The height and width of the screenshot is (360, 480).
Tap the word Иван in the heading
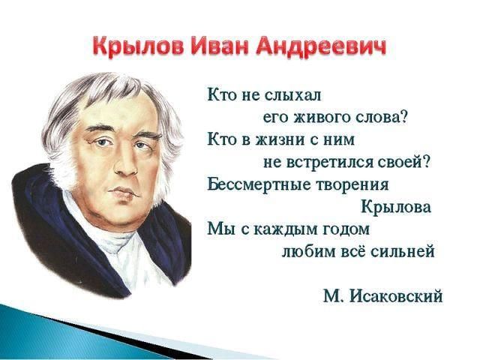tap(218, 46)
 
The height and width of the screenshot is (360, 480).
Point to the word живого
tap(322, 118)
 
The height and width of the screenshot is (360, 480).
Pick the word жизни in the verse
tap(280, 140)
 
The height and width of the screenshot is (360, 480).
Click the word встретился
tap(330, 162)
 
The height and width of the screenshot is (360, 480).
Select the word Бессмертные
tap(259, 185)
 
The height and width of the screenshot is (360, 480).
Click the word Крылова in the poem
tap(396, 207)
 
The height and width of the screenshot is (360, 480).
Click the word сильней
tap(402, 252)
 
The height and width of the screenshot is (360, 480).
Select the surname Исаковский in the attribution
tap(396, 296)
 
